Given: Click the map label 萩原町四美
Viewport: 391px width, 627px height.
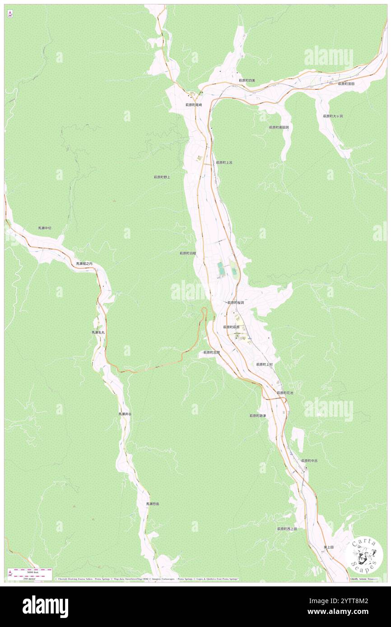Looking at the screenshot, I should point(247,80).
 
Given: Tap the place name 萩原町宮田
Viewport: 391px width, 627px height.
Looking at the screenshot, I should point(346,83).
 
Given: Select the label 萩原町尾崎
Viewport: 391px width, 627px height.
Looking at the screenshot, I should point(194,105).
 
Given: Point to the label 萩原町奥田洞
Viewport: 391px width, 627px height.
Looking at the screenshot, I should point(279,127).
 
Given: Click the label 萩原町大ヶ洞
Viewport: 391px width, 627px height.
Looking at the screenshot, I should point(333,116).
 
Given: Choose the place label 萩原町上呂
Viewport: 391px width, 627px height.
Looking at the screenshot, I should point(224,162).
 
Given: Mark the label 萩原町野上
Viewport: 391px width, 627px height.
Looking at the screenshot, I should point(162,177).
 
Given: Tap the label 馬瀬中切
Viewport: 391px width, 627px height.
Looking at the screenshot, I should point(45,228).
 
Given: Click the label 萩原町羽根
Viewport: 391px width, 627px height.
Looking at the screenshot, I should point(188,254).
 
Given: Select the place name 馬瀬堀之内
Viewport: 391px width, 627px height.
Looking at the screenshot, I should point(84,263).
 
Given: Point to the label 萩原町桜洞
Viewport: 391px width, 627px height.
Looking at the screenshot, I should point(236,303).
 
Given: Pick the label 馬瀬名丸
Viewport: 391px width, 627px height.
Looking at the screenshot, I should point(98,332).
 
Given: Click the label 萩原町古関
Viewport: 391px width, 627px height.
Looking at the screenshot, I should point(211,352).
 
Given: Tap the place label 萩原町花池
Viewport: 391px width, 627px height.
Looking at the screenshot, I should point(285,393).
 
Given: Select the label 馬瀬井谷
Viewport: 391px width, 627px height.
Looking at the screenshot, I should point(125,414).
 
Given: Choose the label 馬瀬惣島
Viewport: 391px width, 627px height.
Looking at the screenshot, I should point(152,504).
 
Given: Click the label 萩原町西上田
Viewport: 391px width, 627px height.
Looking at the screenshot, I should point(287,529).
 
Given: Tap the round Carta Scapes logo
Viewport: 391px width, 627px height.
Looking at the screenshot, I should point(365,555).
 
